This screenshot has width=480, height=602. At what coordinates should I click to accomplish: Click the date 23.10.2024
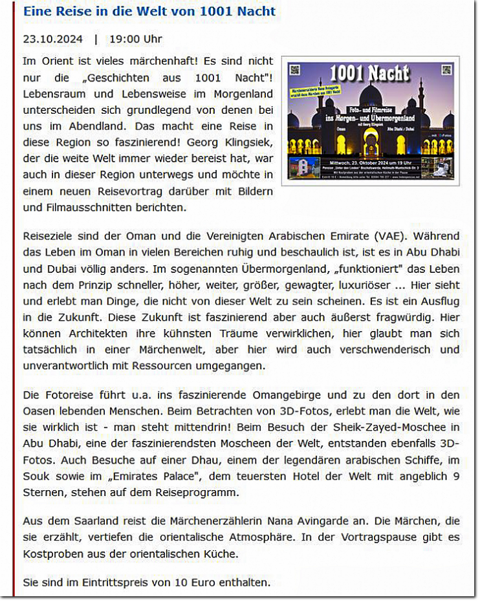point(53,39)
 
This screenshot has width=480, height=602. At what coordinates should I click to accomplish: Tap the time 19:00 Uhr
point(136,39)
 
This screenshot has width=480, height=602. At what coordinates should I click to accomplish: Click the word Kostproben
point(54,554)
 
